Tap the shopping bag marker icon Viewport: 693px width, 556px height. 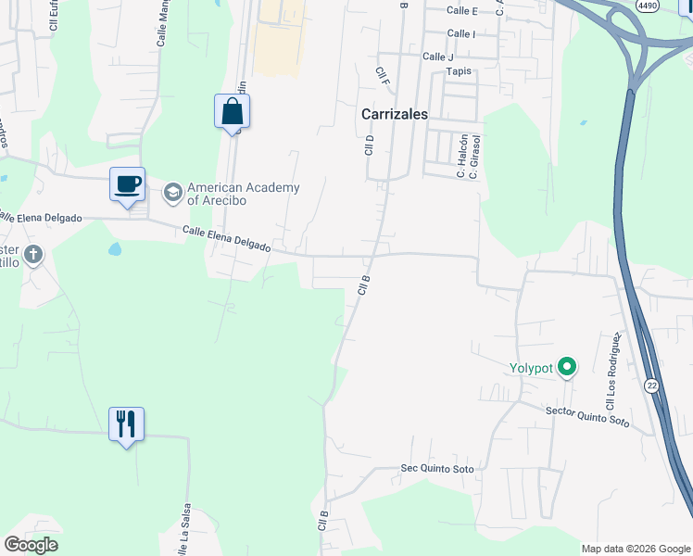pyautogui.click(x=232, y=112)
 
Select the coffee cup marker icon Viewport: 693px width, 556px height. pyautogui.click(x=127, y=183)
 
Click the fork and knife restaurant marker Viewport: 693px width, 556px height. pyautogui.click(x=127, y=423)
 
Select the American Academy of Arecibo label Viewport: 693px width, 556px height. pyautogui.click(x=244, y=194)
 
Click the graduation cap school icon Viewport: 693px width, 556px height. pyautogui.click(x=172, y=193)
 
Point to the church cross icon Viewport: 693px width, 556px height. pyautogui.click(x=33, y=254)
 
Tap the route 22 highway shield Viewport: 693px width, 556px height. pyautogui.click(x=652, y=385)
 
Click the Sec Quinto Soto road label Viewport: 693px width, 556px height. pyautogui.click(x=436, y=469)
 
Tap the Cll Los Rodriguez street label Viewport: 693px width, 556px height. pyautogui.click(x=611, y=372)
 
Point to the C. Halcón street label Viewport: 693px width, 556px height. pyautogui.click(x=460, y=155)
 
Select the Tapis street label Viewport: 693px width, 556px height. pyautogui.click(x=459, y=70)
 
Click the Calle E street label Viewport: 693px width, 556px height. pyautogui.click(x=461, y=11)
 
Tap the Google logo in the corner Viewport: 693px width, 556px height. pyautogui.click(x=31, y=545)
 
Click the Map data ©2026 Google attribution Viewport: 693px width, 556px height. pyautogui.click(x=636, y=549)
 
